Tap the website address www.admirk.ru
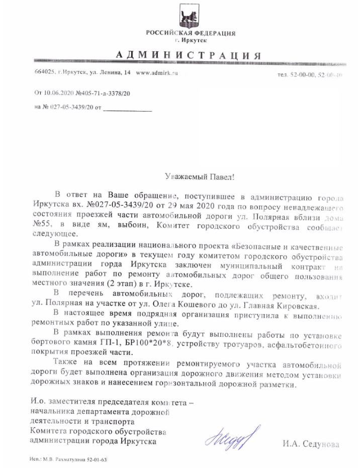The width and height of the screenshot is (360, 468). pyautogui.click(x=157, y=73)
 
